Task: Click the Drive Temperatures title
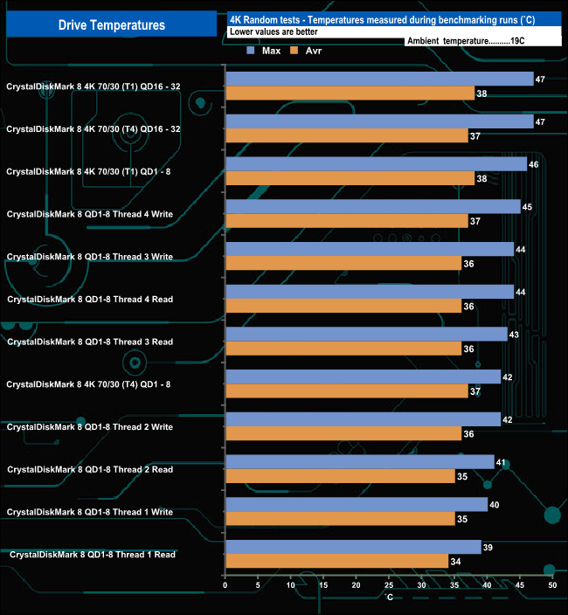111,24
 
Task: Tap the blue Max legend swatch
252,52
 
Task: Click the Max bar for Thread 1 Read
353,547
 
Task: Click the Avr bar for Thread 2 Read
340,476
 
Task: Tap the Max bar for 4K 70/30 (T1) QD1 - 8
376,164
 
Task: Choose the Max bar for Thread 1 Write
357,504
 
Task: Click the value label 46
534,163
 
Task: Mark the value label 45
527,206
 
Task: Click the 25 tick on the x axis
389,585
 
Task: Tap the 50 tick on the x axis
552,585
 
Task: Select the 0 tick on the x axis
225,585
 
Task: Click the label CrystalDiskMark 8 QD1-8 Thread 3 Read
90,342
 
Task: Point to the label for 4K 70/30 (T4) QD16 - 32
94,128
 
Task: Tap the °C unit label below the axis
389,598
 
